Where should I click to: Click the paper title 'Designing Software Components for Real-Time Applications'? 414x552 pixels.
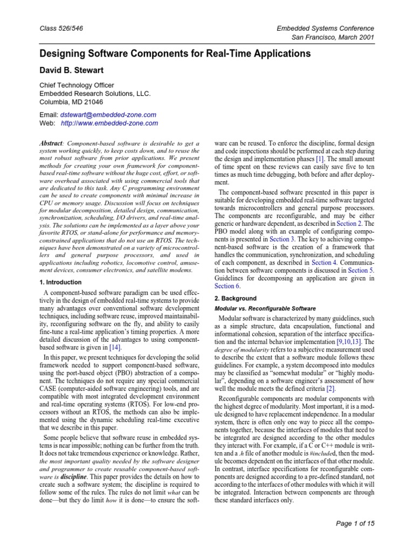click(175, 54)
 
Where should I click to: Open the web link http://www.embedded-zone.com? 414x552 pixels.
click(109, 123)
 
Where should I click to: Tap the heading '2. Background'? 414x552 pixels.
click(236, 298)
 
